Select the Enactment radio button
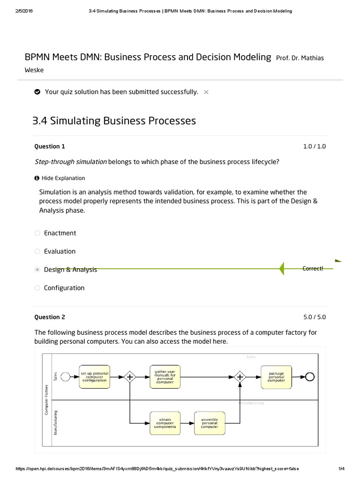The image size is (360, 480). [x=37, y=233]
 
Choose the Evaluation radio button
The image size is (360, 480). [x=37, y=251]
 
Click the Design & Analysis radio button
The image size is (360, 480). [x=37, y=270]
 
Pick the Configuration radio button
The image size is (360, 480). [x=37, y=288]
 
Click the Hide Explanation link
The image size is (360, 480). [x=63, y=178]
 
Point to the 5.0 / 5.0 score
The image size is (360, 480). [x=314, y=317]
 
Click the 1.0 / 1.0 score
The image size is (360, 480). [x=314, y=146]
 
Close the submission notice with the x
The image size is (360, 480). [x=206, y=92]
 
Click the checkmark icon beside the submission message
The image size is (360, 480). [x=37, y=92]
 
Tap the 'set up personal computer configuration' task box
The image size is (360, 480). [x=95, y=376]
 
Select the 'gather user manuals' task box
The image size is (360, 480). [x=165, y=376]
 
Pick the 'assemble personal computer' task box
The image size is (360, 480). [x=210, y=423]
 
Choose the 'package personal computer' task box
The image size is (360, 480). [x=276, y=376]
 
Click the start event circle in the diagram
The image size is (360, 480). [x=66, y=376]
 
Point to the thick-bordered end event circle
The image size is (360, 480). [x=310, y=376]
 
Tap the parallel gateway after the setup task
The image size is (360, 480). [x=129, y=376]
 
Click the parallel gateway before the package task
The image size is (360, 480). [x=240, y=376]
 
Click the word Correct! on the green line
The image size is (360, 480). [x=313, y=269]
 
